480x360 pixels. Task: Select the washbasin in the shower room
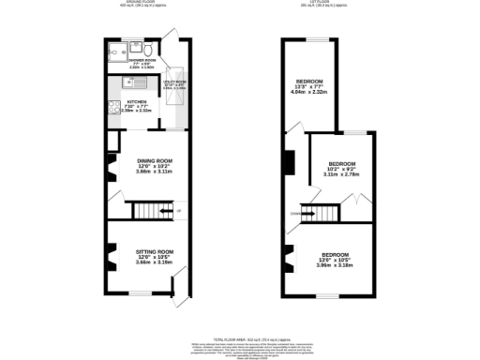pos(135,47)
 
